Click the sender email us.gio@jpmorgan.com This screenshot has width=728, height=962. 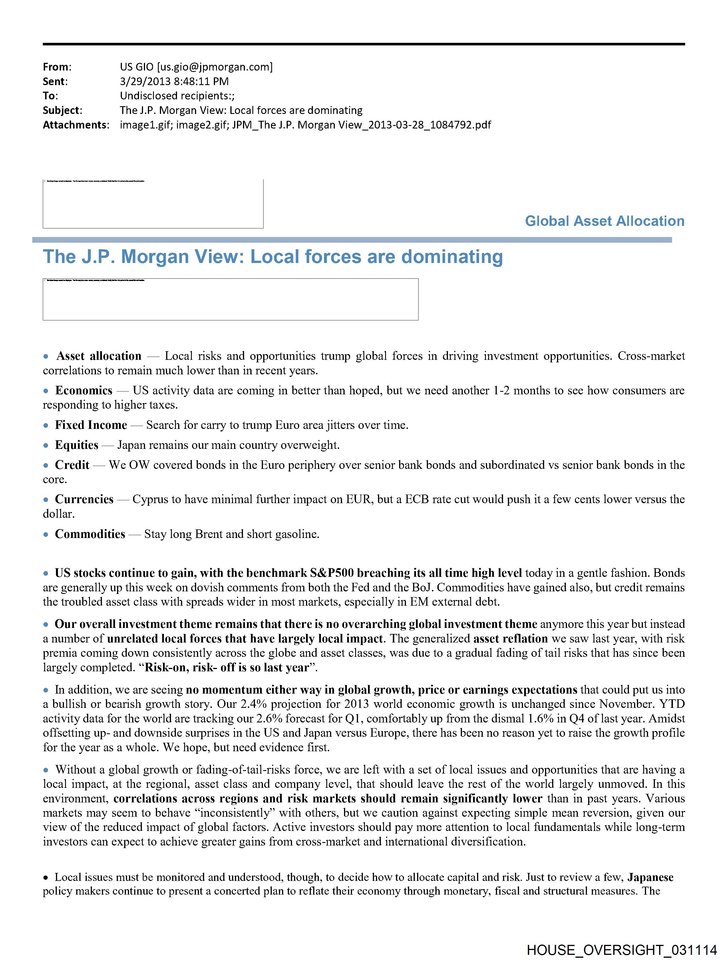(215, 67)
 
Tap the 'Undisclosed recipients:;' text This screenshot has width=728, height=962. (177, 96)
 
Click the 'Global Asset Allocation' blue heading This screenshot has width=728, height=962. (604, 221)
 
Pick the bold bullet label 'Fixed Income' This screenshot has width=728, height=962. (91, 425)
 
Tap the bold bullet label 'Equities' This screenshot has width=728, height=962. (77, 445)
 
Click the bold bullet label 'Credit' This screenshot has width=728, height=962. (72, 465)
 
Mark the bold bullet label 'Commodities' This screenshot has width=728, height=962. (90, 534)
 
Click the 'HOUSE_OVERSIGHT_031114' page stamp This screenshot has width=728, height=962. (622, 950)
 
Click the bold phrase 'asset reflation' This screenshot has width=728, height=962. (510, 638)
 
